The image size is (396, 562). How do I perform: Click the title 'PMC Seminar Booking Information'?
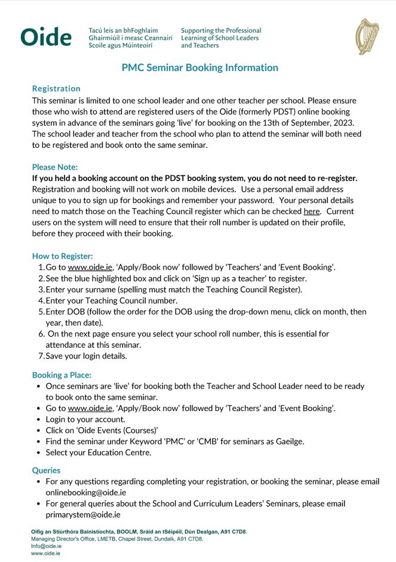pyautogui.click(x=200, y=67)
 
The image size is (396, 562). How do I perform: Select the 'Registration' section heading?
pyautogui.click(x=56, y=88)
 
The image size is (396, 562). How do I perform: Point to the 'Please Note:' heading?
pyautogui.click(x=55, y=167)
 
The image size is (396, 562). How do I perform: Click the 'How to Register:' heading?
pyautogui.click(x=62, y=256)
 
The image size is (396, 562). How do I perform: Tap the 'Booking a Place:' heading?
pyautogui.click(x=62, y=375)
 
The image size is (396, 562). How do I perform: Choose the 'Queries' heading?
pyautogui.click(x=46, y=470)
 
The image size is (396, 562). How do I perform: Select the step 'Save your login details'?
pyautogui.click(x=86, y=356)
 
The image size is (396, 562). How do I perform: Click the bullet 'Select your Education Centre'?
pyautogui.click(x=98, y=452)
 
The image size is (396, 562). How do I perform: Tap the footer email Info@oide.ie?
pyautogui.click(x=46, y=546)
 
